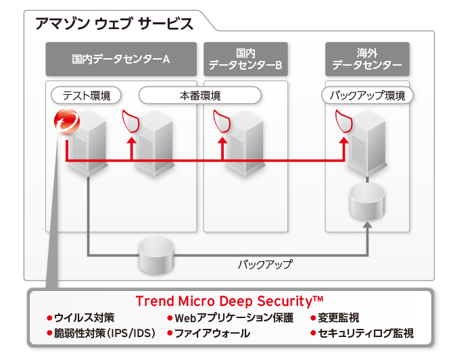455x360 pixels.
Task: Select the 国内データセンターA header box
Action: (121, 59)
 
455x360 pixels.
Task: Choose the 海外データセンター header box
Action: (367, 59)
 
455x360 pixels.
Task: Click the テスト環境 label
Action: (87, 95)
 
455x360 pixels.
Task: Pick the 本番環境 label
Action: (199, 95)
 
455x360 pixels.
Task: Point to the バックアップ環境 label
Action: (367, 95)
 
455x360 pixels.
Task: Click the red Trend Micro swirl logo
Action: (68, 123)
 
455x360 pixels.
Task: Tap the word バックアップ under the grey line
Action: (265, 265)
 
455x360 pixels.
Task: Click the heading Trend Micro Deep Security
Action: (229, 300)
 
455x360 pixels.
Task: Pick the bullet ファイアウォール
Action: (212, 334)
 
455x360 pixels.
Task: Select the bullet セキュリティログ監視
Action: (366, 334)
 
